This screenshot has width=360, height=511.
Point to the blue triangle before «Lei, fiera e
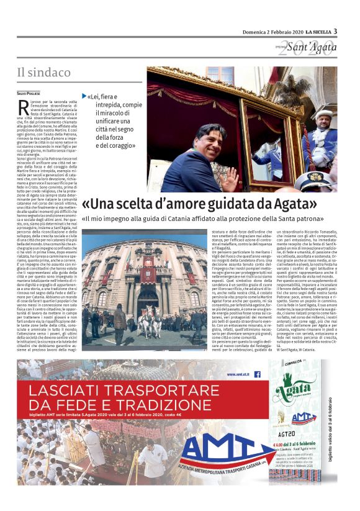click(84, 96)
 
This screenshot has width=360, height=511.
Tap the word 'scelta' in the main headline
click(136, 203)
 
